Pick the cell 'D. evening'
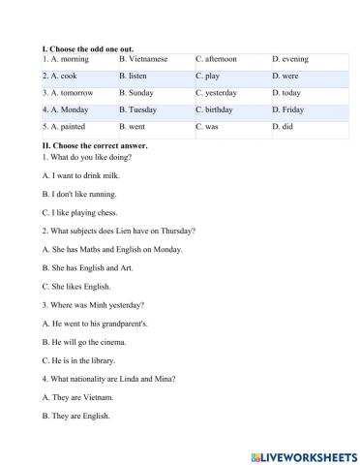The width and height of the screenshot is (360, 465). click(x=290, y=59)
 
